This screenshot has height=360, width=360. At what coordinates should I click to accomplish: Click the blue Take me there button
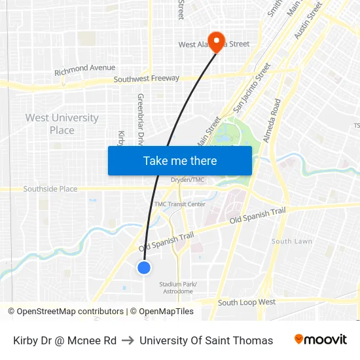click(x=180, y=161)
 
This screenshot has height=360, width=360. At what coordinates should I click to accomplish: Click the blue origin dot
click(x=144, y=267)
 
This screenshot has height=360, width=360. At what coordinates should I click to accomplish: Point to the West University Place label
click(x=62, y=124)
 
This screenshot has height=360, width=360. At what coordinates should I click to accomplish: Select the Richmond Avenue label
click(x=84, y=68)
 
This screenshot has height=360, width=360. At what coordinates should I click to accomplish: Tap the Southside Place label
click(x=50, y=189)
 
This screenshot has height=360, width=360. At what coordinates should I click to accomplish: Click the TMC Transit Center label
click(x=179, y=204)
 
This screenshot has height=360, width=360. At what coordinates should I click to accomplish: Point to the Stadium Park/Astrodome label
click(x=178, y=287)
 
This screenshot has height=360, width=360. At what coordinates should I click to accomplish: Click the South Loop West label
click(x=247, y=302)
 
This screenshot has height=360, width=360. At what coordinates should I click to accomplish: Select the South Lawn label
click(x=291, y=242)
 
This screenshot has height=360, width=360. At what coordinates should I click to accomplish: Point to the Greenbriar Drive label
click(x=140, y=118)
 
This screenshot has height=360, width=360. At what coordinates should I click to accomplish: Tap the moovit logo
click(x=321, y=340)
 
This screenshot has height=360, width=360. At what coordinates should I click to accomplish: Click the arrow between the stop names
click(x=128, y=340)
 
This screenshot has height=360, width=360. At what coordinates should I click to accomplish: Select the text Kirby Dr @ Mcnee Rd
click(x=65, y=340)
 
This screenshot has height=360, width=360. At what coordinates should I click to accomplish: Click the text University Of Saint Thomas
click(x=206, y=340)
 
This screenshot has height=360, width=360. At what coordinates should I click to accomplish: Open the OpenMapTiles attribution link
click(x=166, y=312)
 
